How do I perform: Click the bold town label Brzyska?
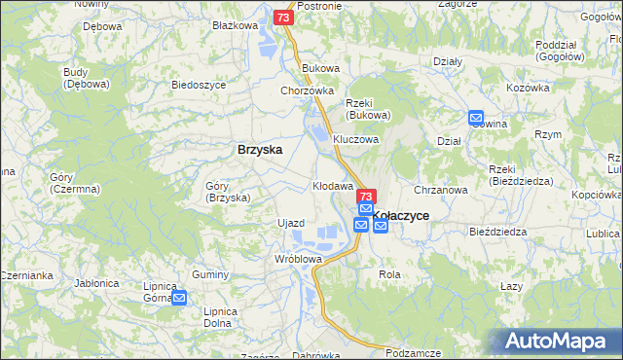coord(260,150)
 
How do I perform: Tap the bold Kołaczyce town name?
coord(402,216)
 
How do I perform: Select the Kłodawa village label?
coord(331,185)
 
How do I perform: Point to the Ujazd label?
coord(291,224)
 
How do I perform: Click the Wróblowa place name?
coord(298,260)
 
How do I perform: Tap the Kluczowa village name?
coord(355,139)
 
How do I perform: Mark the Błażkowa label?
coord(234,26)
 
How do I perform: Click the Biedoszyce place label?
coord(199,85)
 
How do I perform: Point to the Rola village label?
coord(389,275)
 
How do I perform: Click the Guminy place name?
coord(209,275)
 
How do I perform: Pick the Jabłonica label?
coord(96,283)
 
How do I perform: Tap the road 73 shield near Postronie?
coord(282,18)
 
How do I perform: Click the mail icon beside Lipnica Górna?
coord(179,298)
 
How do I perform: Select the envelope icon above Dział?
coord(476,119)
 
